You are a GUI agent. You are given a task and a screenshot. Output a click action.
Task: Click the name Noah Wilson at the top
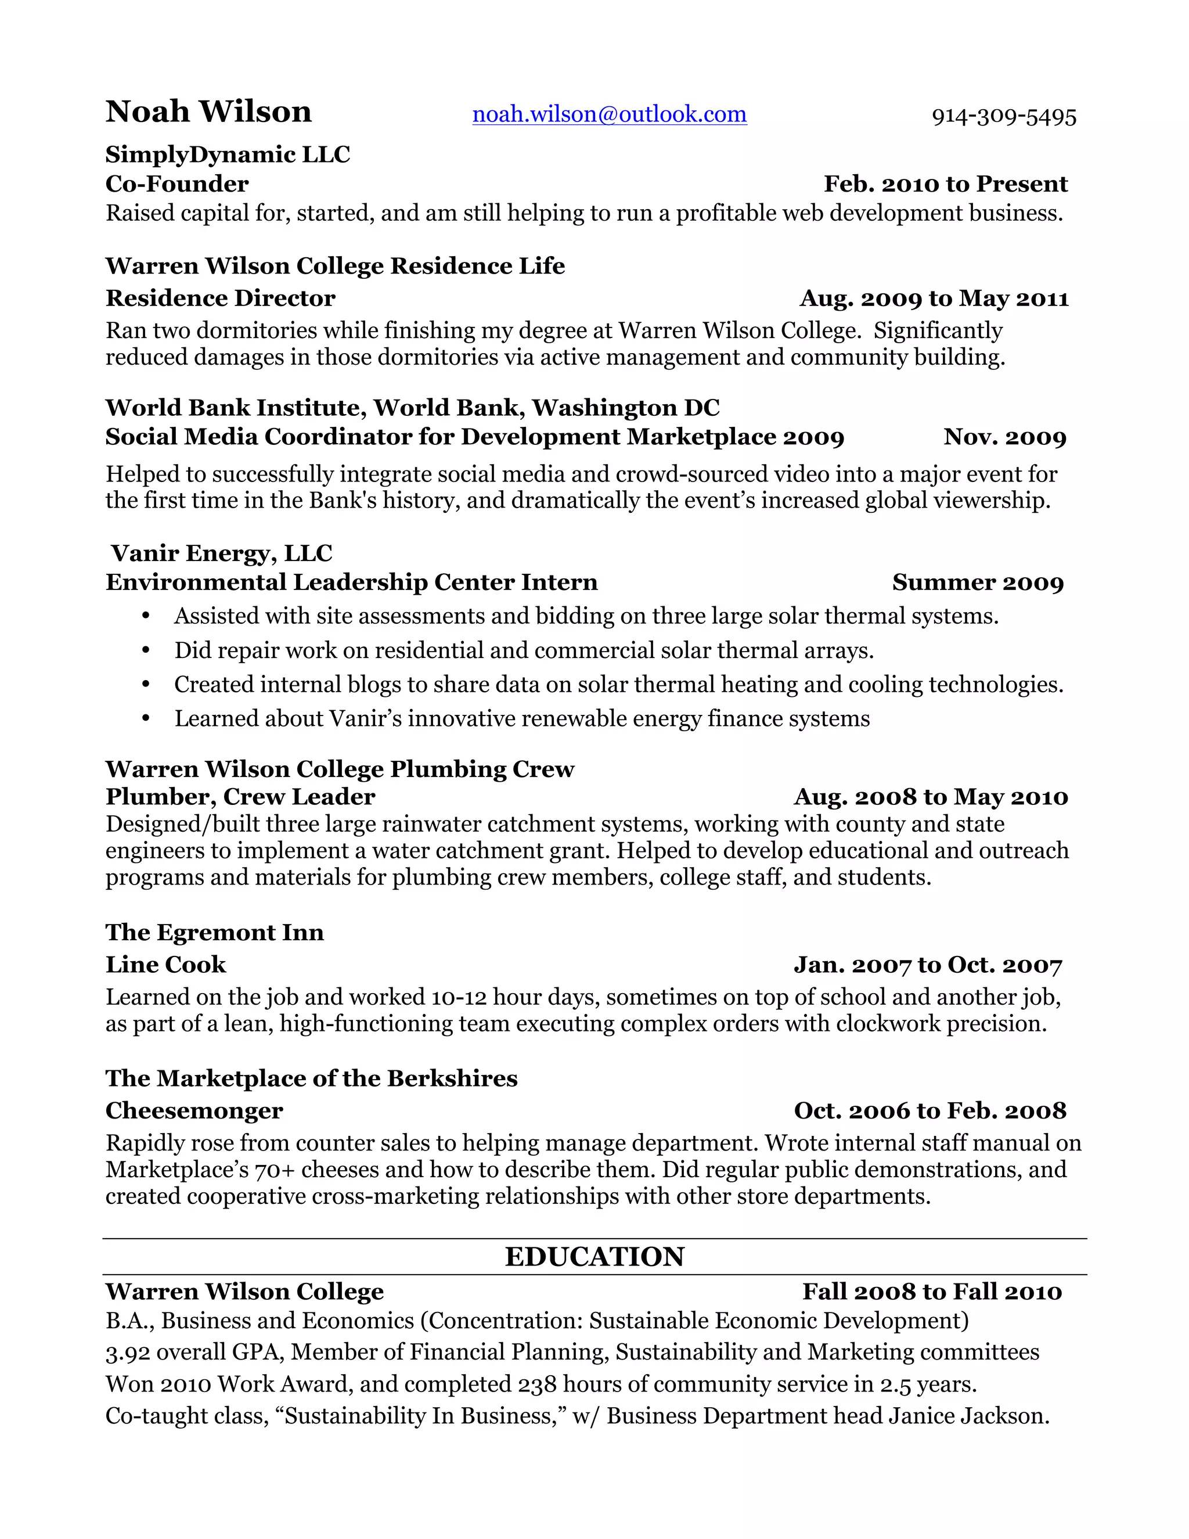coord(208,112)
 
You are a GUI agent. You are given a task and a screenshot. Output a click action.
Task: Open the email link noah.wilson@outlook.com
coord(609,114)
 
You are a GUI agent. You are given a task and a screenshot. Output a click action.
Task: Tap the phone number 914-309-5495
coord(1004,117)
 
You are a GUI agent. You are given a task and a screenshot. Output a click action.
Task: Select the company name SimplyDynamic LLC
coord(228,154)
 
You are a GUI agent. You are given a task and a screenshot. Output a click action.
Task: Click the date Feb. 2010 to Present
coord(945,184)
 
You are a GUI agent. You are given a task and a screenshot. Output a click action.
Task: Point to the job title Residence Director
coord(220,298)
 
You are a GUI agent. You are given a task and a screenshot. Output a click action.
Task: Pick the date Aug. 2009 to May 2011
coord(934,299)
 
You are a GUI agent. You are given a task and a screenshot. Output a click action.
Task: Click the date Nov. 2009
coord(1004,437)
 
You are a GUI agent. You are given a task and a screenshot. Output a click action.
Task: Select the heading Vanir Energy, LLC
coord(221,553)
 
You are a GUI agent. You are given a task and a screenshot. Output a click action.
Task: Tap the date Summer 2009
coord(978,582)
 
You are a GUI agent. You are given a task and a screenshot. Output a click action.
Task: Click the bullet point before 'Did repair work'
coord(146,650)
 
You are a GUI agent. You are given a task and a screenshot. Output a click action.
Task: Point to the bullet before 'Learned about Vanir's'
coord(146,719)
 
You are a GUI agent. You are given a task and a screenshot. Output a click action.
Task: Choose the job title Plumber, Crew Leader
coord(240,797)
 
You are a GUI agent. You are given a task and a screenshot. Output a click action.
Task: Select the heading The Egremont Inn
coord(215,932)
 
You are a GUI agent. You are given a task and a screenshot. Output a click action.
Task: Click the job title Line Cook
coord(165,965)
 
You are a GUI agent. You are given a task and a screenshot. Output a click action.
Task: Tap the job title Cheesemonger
coord(194,1110)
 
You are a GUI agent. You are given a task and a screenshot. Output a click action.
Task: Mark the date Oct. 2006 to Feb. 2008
coord(930,1111)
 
